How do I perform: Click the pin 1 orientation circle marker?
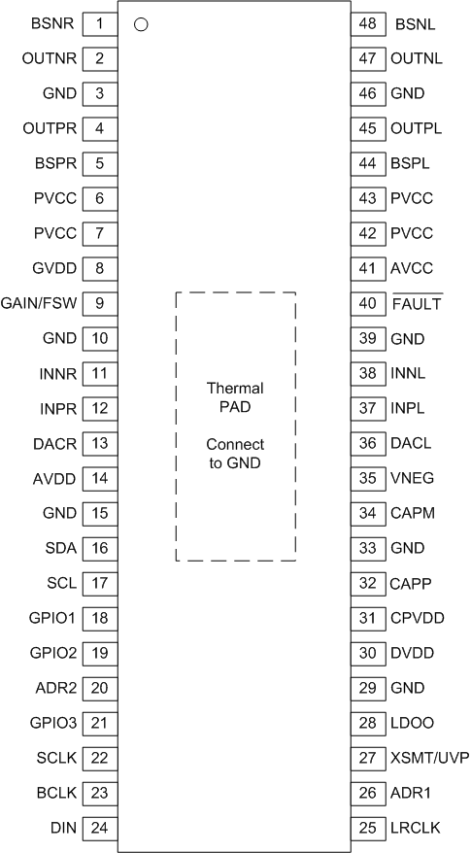click(141, 24)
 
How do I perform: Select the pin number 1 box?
click(99, 22)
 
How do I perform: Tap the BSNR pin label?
click(49, 22)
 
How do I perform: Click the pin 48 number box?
click(367, 22)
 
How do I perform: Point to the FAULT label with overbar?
click(417, 303)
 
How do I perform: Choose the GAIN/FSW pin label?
click(39, 303)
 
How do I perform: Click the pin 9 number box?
click(99, 303)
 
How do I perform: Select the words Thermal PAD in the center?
click(235, 397)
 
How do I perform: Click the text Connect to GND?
click(235, 454)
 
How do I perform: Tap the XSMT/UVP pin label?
click(425, 758)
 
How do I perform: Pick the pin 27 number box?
click(367, 758)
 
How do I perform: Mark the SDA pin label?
click(52, 548)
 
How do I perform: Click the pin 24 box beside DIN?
click(99, 828)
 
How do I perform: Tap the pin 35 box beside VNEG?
click(367, 478)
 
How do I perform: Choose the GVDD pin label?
click(48, 268)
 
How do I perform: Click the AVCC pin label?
click(411, 268)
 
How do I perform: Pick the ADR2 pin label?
click(49, 688)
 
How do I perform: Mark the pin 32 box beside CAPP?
click(367, 583)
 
